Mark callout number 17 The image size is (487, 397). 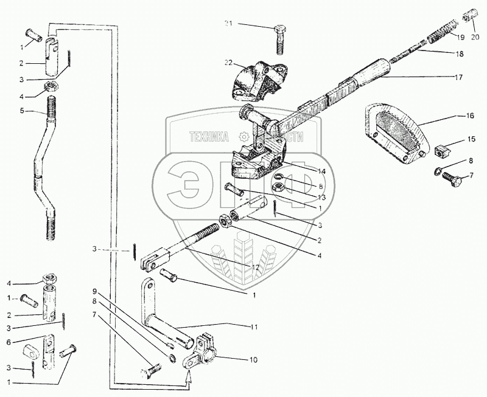coord(458,77)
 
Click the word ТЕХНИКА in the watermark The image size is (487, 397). coord(208,137)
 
